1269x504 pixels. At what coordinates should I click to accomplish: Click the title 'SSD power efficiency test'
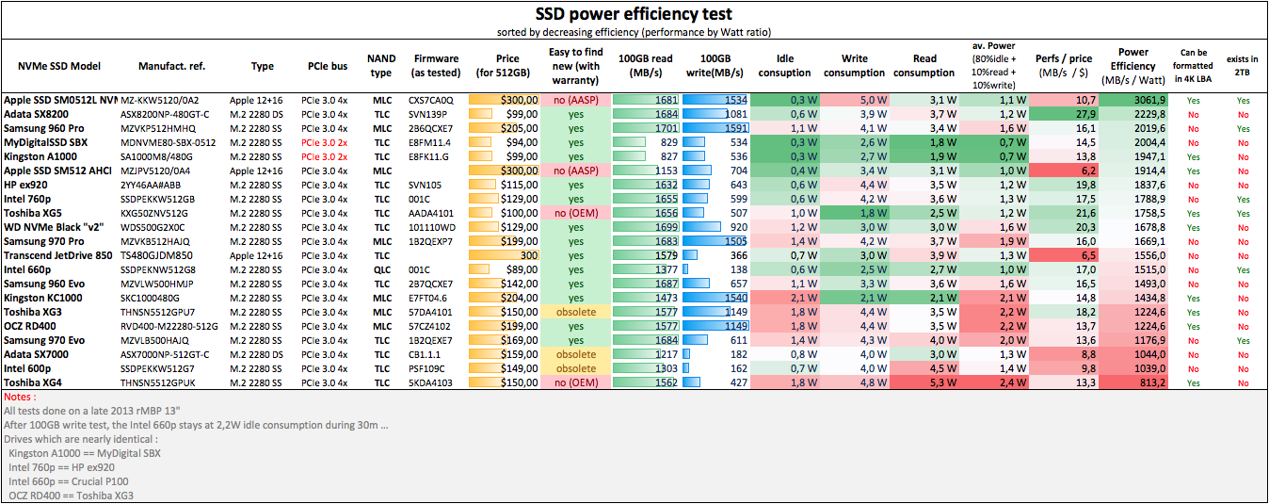634,14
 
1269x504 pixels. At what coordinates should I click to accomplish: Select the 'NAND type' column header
380,66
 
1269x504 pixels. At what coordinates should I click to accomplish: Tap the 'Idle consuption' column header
784,66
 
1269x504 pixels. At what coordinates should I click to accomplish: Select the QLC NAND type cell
381,269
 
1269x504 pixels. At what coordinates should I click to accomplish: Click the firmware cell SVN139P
431,114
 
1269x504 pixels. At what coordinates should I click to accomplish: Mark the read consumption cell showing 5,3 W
924,382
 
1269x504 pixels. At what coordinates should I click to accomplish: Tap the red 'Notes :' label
19,398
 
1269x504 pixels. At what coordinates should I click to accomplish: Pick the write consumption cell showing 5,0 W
855,100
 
